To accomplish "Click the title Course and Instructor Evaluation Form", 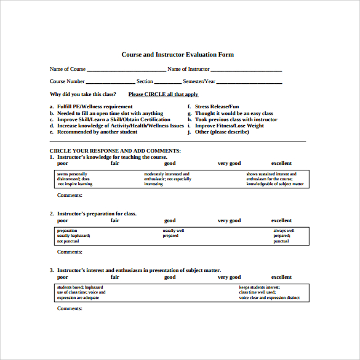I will pos(177,55).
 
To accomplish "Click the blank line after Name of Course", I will pos(126,70).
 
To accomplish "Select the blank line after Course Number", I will pos(110,82).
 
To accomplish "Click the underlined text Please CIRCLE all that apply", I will pos(163,94).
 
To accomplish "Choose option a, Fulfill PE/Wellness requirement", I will pos(95,106).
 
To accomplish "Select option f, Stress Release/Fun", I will pos(217,106).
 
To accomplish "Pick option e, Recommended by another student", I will pos(97,132).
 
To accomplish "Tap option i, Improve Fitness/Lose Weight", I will pos(229,126).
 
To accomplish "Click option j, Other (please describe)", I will pos(222,132).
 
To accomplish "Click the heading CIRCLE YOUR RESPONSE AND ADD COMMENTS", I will pos(115,150).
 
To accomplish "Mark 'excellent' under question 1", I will pos(281,163).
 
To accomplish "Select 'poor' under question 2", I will pos(63,220).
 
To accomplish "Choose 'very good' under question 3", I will pos(229,277).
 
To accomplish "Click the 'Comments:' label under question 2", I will pos(70,252).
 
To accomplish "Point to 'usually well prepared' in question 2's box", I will pos(173,233).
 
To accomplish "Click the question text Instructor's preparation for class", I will pos(97,214).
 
